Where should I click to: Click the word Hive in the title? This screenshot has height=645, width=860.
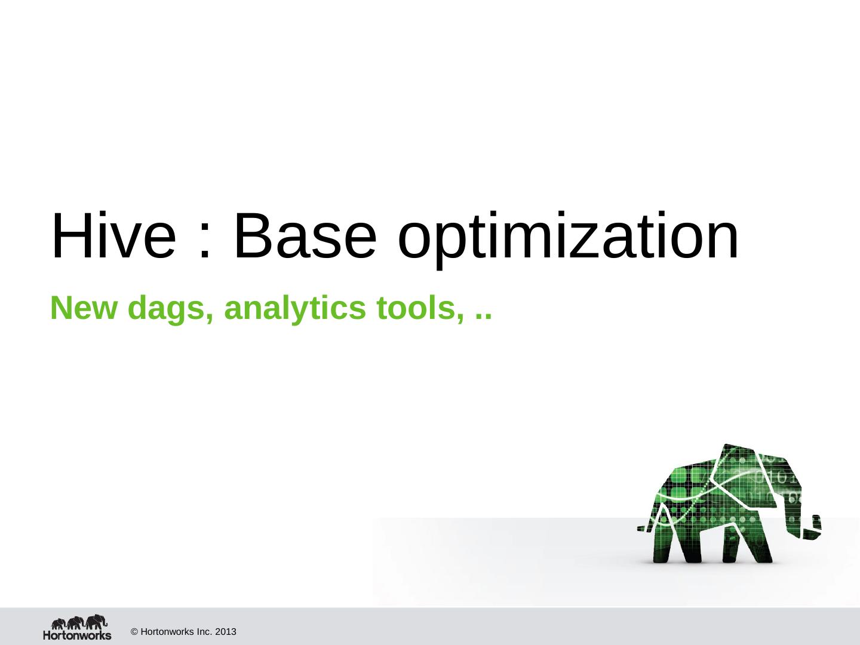(x=113, y=235)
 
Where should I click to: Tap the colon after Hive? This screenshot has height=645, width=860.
(x=205, y=242)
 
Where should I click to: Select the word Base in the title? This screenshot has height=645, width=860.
(x=305, y=235)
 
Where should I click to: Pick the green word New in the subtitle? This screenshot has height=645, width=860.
(x=84, y=308)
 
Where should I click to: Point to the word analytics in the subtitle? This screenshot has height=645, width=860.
(x=295, y=311)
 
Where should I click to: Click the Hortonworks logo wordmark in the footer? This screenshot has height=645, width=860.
(x=77, y=635)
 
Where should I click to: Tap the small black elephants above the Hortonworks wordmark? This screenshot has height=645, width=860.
(x=79, y=622)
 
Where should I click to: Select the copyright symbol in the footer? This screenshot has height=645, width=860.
(x=134, y=632)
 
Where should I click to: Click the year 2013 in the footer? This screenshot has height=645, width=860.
(x=226, y=632)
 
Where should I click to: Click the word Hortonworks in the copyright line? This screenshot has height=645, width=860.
(x=167, y=632)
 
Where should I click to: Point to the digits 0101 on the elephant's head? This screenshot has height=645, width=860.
(x=777, y=478)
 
